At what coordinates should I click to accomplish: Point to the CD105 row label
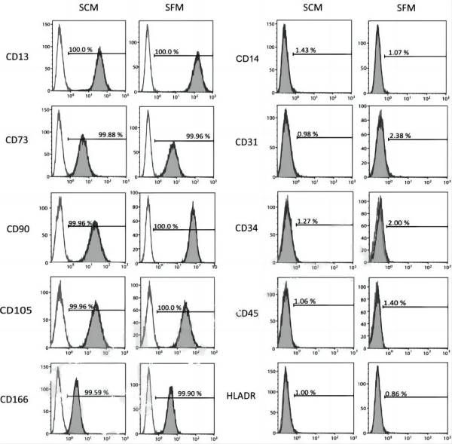click(x=17, y=310)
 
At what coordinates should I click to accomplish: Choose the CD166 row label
click(x=17, y=399)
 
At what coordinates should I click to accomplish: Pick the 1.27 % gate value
click(x=308, y=221)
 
